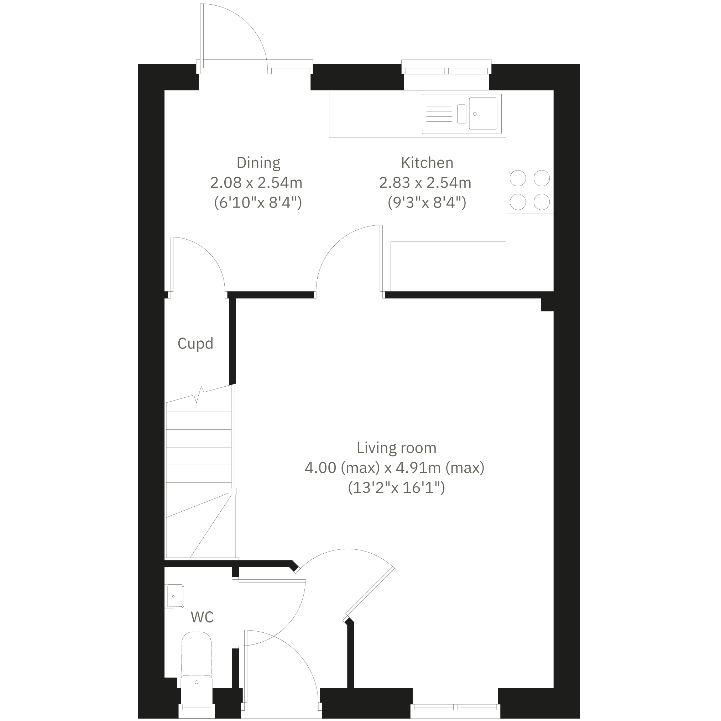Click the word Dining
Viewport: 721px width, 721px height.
pos(258,163)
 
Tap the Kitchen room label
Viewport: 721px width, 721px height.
pos(427,163)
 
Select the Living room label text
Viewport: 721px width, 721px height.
pos(396,448)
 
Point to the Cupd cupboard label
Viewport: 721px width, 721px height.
pos(195,343)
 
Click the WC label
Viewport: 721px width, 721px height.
pos(202,617)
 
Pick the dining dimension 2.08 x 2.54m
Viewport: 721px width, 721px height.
pos(256,183)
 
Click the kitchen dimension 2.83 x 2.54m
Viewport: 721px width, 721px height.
pos(425,183)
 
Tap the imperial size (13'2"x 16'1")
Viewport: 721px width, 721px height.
pos(396,488)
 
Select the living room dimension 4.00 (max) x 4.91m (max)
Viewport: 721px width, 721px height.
pos(395,467)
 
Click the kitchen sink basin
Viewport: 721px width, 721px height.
pos(483,114)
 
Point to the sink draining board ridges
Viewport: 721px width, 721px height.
pos(439,114)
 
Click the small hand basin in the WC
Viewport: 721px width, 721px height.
pos(174,596)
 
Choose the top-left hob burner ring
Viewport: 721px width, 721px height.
pos(518,178)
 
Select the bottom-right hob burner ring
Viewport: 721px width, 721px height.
pos(542,202)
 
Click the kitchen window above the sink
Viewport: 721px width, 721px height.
pos(446,69)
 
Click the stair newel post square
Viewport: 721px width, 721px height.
pos(233,491)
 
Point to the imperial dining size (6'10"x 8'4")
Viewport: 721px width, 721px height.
pos(258,203)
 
